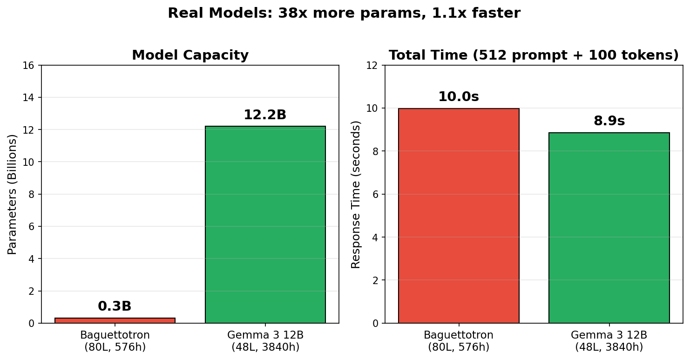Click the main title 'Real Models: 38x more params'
[344, 14]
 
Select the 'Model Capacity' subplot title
[190, 55]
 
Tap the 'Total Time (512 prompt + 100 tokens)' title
[534, 55]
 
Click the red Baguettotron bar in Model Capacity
[115, 320]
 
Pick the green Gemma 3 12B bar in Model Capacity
[265, 224]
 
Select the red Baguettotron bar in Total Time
[459, 216]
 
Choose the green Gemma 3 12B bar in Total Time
[609, 228]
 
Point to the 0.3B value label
[115, 306]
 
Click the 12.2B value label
[265, 115]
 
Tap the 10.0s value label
[459, 97]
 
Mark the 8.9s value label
[609, 121]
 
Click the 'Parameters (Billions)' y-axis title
[12, 194]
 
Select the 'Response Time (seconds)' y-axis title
[356, 194]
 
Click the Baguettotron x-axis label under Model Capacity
[115, 341]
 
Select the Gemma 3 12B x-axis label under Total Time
[609, 341]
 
